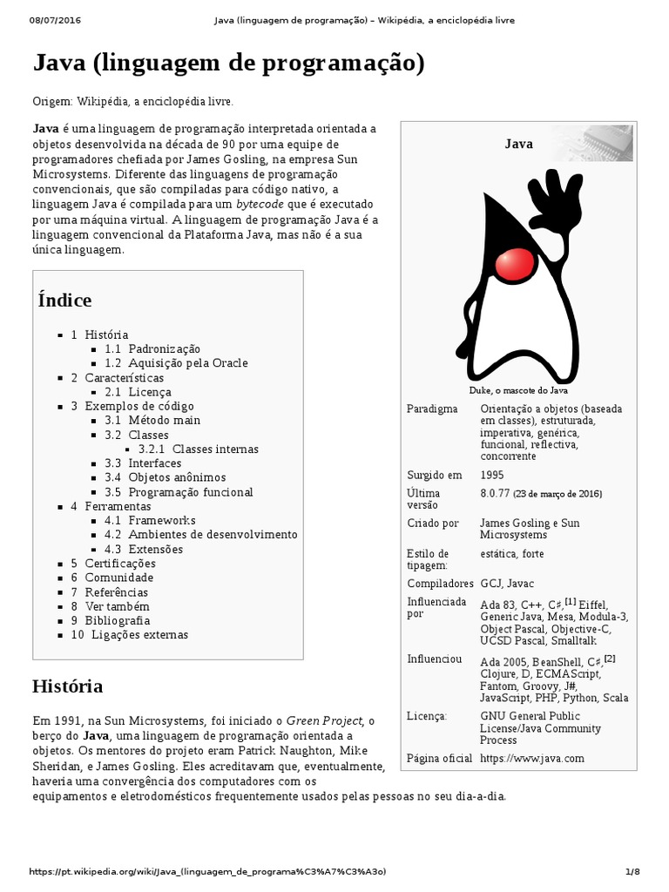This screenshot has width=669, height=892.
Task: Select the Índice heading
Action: pos(64,301)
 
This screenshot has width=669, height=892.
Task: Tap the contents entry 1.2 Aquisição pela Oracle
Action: pos(176,363)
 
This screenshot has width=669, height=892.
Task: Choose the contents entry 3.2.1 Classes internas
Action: pos(198,449)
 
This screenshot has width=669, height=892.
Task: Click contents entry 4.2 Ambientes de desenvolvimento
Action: pos(200,535)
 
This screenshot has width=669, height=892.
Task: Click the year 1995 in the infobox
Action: pos(491,476)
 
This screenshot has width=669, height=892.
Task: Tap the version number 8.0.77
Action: pos(497,493)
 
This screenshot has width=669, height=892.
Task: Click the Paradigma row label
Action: pos(431,409)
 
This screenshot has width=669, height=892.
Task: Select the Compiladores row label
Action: pos(440,584)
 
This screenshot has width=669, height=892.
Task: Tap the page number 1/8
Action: pos(632,872)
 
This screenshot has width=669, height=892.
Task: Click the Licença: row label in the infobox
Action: pos(427,716)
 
